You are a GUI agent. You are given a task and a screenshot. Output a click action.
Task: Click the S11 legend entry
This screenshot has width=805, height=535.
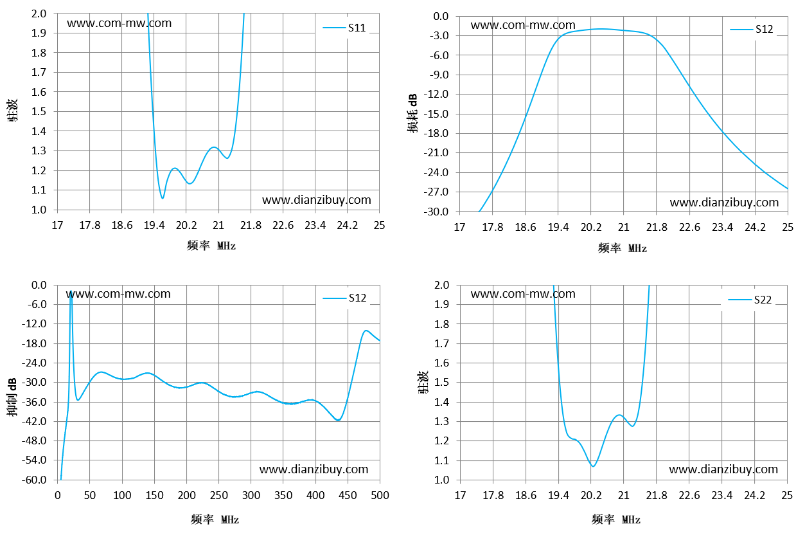[x=344, y=28]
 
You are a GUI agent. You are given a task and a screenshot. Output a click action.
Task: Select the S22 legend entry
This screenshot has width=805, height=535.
[x=750, y=300]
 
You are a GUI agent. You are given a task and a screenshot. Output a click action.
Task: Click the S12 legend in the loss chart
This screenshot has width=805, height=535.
[x=752, y=29]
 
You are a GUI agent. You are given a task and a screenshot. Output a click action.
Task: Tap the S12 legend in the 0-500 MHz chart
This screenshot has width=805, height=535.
[x=344, y=298]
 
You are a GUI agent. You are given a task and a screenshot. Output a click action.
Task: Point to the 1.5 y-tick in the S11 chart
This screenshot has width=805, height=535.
[x=39, y=111]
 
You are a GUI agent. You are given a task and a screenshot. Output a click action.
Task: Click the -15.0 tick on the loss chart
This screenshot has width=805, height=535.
[x=436, y=114]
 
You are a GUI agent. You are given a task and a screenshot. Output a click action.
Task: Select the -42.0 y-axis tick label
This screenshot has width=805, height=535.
[x=34, y=421]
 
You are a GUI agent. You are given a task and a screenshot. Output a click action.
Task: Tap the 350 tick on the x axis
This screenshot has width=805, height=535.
[x=283, y=495]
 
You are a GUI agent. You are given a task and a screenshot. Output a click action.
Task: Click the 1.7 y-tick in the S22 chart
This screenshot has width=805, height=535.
[x=441, y=343]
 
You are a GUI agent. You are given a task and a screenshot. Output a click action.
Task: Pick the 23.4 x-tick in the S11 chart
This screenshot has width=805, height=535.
[x=315, y=226]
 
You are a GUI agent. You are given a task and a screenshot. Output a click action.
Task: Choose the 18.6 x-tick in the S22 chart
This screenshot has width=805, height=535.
[x=526, y=495]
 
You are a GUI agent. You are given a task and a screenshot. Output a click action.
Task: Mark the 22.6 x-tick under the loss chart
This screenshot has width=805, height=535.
[x=689, y=228]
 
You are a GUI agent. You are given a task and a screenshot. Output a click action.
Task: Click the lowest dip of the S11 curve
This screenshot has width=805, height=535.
[x=163, y=198]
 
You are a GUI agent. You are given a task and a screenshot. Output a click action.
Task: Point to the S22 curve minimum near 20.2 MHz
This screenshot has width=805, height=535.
[x=593, y=466]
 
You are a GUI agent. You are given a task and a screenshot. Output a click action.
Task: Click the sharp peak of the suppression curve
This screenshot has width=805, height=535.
[x=71, y=291]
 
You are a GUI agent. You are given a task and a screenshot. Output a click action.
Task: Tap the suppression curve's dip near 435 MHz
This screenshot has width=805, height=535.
[x=338, y=421]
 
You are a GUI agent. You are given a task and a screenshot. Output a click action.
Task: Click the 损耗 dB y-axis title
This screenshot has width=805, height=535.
[x=413, y=113]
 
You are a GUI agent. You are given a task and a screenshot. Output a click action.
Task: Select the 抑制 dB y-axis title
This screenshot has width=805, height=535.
[x=12, y=397]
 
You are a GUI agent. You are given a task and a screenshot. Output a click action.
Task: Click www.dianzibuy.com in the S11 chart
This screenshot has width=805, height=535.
[x=317, y=200]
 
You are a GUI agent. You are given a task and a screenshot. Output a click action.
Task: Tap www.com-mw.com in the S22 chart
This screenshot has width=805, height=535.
[x=523, y=294]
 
